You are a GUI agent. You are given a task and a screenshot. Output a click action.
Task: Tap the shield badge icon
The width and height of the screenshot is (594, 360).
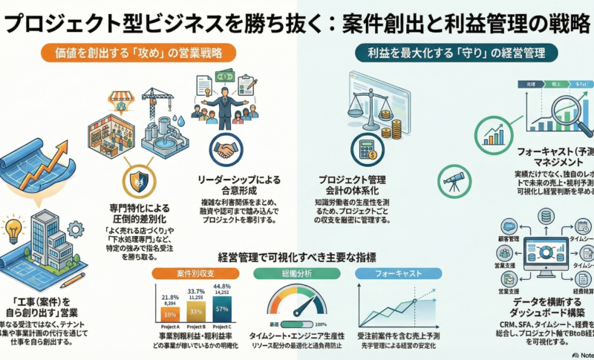point(138,180)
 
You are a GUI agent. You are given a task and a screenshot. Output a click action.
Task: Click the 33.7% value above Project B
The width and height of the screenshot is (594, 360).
point(195,291)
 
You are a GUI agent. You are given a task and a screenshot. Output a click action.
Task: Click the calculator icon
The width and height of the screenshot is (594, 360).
point(367,148)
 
